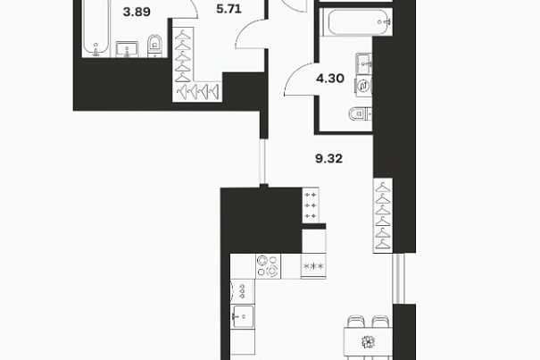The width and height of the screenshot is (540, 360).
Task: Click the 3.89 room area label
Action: coord(137,13)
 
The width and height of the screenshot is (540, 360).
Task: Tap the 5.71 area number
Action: coord(229,9)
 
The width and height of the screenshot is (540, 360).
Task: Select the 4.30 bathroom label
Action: coord(330,79)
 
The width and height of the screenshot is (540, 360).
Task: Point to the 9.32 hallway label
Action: coord(328,159)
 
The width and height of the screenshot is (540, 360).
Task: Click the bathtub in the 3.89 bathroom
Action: coord(96,28)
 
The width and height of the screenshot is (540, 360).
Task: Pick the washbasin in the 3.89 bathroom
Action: coord(127,49)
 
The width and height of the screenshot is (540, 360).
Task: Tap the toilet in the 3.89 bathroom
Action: coord(154,46)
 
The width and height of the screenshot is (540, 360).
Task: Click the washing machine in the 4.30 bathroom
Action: coord(363,86)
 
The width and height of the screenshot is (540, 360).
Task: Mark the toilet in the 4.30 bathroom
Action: coord(361,113)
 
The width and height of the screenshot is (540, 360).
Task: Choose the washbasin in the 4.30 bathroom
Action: coord(363,63)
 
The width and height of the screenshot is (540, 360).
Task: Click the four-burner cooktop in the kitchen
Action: coord(269,266)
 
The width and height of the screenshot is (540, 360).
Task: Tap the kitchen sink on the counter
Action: coord(243,316)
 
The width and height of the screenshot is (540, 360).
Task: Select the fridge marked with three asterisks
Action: coord(313,266)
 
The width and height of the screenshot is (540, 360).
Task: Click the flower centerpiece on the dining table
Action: coord(368,342)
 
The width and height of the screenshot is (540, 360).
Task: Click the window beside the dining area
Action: coord(398,279)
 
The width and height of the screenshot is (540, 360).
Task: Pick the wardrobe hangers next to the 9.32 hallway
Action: coord(383,215)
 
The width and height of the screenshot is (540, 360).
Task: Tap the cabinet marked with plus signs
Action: coord(311,205)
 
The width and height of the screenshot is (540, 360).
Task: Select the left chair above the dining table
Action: coord(356,321)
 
